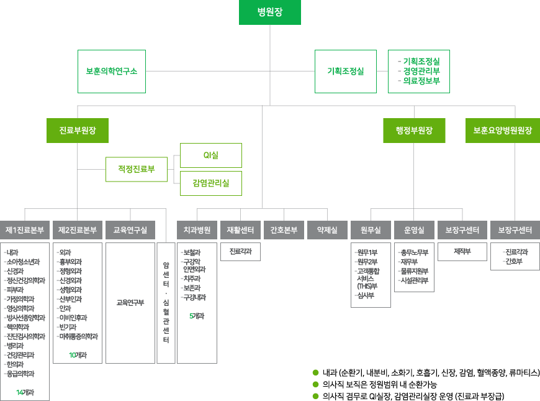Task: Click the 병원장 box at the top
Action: click(270, 12)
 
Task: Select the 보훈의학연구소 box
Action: click(112, 71)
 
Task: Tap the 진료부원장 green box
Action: click(78, 131)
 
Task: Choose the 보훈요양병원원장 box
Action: click(503, 131)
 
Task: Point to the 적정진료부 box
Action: click(137, 168)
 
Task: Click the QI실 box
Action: click(211, 155)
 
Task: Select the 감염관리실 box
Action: click(211, 183)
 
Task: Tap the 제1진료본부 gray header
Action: click(25, 230)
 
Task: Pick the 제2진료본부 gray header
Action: click(78, 230)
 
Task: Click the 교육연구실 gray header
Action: click(130, 230)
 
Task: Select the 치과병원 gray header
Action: click(197, 230)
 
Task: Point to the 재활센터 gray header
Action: click(240, 230)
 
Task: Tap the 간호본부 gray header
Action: click(284, 230)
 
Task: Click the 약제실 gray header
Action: click(327, 230)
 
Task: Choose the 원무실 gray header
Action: click(371, 230)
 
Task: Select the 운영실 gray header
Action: click(414, 230)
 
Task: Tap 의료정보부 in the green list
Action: click(421, 80)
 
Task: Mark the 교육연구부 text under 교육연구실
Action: click(130, 302)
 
